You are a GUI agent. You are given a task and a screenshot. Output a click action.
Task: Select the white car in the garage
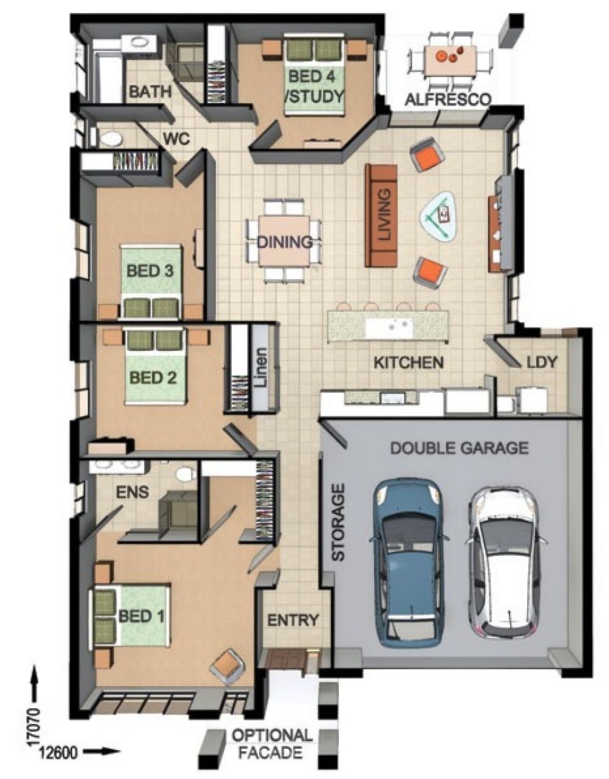(505, 563)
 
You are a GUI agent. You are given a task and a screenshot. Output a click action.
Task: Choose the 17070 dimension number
(35, 726)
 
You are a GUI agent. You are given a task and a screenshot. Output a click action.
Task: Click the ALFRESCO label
(448, 99)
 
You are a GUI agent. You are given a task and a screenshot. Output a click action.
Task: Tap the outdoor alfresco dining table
(451, 60)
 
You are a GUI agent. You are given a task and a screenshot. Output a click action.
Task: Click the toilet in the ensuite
(186, 474)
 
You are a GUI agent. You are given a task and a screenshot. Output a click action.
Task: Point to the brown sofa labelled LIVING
(381, 215)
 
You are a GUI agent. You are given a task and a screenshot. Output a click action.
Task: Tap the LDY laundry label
(541, 362)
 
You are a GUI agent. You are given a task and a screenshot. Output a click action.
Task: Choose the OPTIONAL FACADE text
(272, 744)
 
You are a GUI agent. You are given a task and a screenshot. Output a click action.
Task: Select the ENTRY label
(293, 620)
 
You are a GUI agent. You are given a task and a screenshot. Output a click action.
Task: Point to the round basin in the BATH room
(139, 41)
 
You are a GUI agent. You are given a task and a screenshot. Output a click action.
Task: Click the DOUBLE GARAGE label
(459, 448)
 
